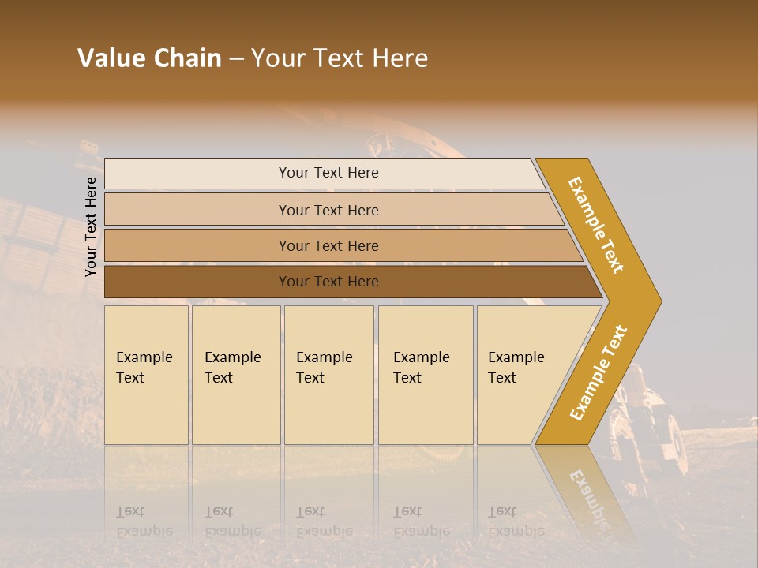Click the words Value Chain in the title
149,58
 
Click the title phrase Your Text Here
340,58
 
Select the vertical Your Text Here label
91,226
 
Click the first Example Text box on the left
146,375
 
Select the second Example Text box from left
236,375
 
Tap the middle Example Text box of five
328,375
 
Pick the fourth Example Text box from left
426,375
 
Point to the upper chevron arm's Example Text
597,225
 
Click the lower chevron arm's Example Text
599,372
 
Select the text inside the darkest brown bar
328,282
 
